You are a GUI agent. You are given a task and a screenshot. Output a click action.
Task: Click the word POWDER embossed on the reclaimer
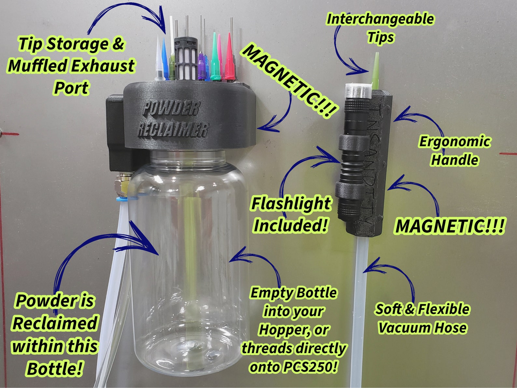(171, 108)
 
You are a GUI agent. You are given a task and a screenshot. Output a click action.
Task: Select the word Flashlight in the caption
(291, 204)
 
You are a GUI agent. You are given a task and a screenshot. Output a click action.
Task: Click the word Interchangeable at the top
(380, 19)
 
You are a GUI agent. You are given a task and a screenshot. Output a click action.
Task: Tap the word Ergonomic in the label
(454, 142)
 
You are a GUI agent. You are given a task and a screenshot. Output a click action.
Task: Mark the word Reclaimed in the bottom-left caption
(55, 323)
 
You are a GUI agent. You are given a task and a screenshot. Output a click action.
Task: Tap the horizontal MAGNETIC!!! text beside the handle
(449, 226)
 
